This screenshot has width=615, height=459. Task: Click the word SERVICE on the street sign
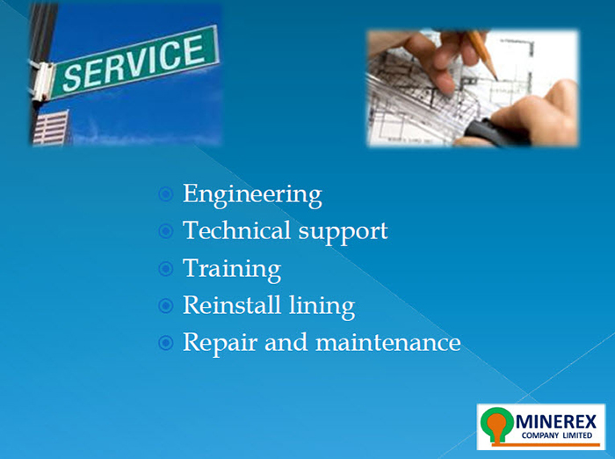pyautogui.click(x=134, y=62)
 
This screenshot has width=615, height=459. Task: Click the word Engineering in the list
pyautogui.click(x=252, y=195)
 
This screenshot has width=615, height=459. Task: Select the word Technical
pyautogui.click(x=236, y=230)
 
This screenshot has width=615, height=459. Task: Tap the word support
pyautogui.click(x=344, y=232)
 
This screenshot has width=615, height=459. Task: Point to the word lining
pyautogui.click(x=322, y=307)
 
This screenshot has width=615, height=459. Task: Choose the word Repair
pyautogui.click(x=220, y=344)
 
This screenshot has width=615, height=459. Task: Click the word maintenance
pyautogui.click(x=388, y=342)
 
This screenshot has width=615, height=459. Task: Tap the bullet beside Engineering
pyautogui.click(x=166, y=194)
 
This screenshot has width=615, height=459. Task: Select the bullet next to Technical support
pyautogui.click(x=166, y=231)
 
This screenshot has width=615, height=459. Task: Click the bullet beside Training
pyautogui.click(x=166, y=269)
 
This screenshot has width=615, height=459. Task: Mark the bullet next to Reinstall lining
pyautogui.click(x=166, y=306)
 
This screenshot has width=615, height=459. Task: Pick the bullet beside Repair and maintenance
pyautogui.click(x=166, y=343)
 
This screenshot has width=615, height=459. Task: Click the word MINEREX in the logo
pyautogui.click(x=556, y=422)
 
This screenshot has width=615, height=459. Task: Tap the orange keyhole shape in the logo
pyautogui.click(x=498, y=426)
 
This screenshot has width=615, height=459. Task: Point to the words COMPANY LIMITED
pyautogui.click(x=556, y=435)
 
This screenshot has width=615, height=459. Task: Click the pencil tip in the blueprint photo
pyautogui.click(x=496, y=77)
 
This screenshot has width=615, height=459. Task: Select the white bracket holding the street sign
pyautogui.click(x=41, y=81)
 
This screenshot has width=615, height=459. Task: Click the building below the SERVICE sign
pyautogui.click(x=51, y=127)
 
